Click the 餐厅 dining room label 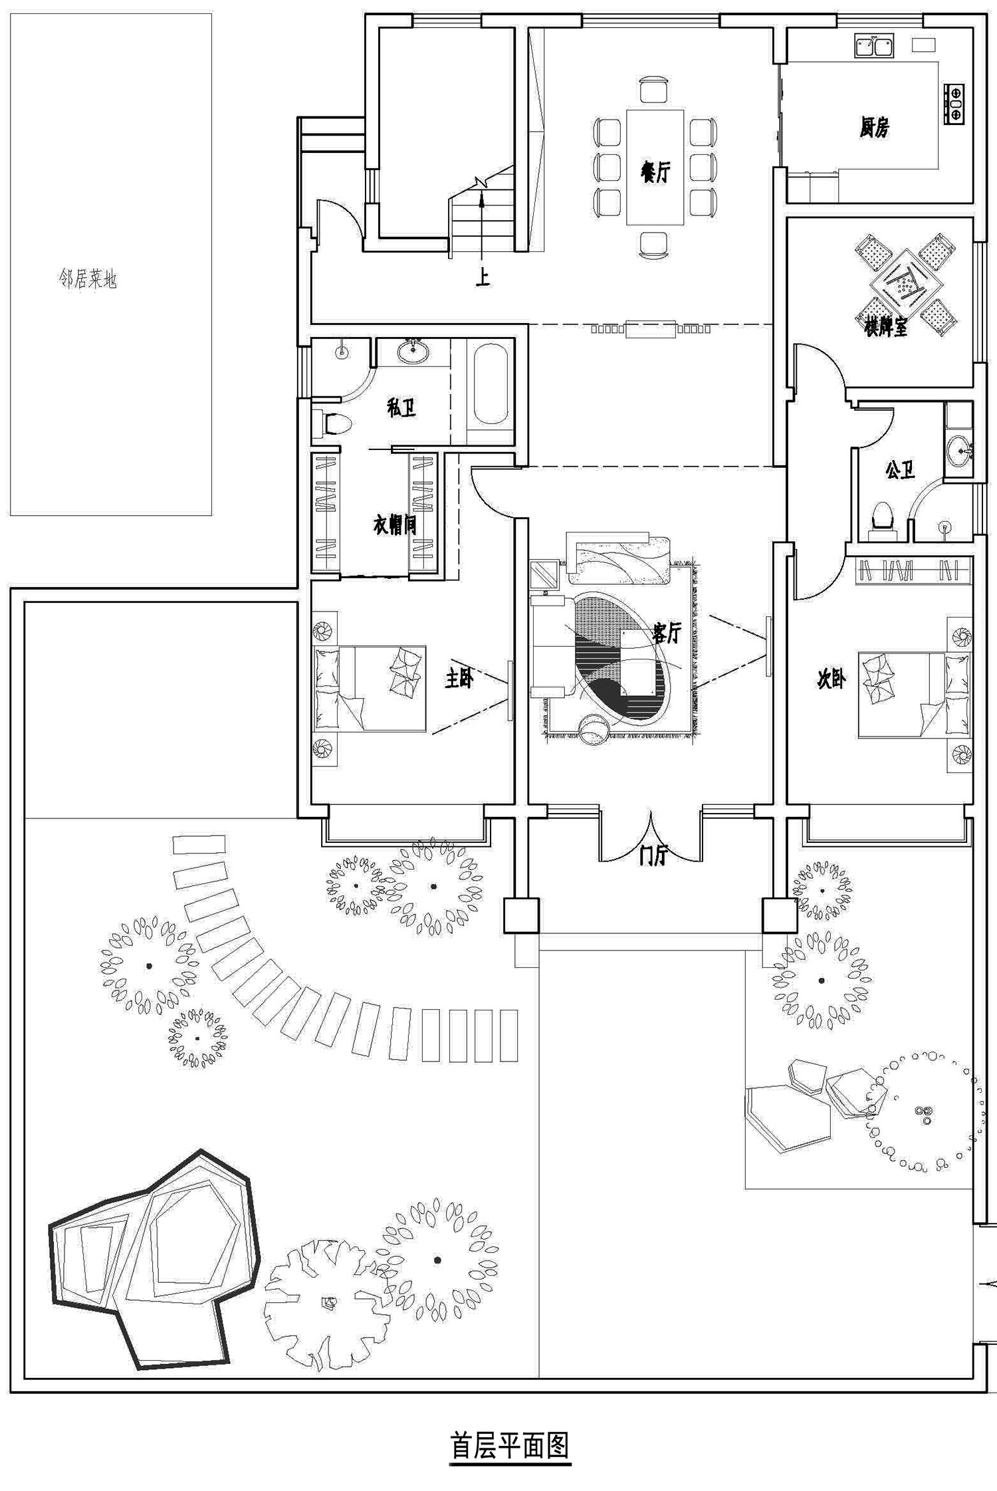pyautogui.click(x=655, y=172)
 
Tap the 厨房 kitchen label pyautogui.click(x=873, y=127)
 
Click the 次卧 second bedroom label pyautogui.click(x=831, y=679)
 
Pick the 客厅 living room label pyautogui.click(x=667, y=633)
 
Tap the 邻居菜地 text pyautogui.click(x=88, y=279)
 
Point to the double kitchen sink pyautogui.click(x=873, y=46)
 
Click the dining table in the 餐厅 pyautogui.click(x=655, y=168)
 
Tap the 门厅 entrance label pyautogui.click(x=651, y=856)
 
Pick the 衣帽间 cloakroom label pyautogui.click(x=394, y=525)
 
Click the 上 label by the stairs pyautogui.click(x=483, y=277)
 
